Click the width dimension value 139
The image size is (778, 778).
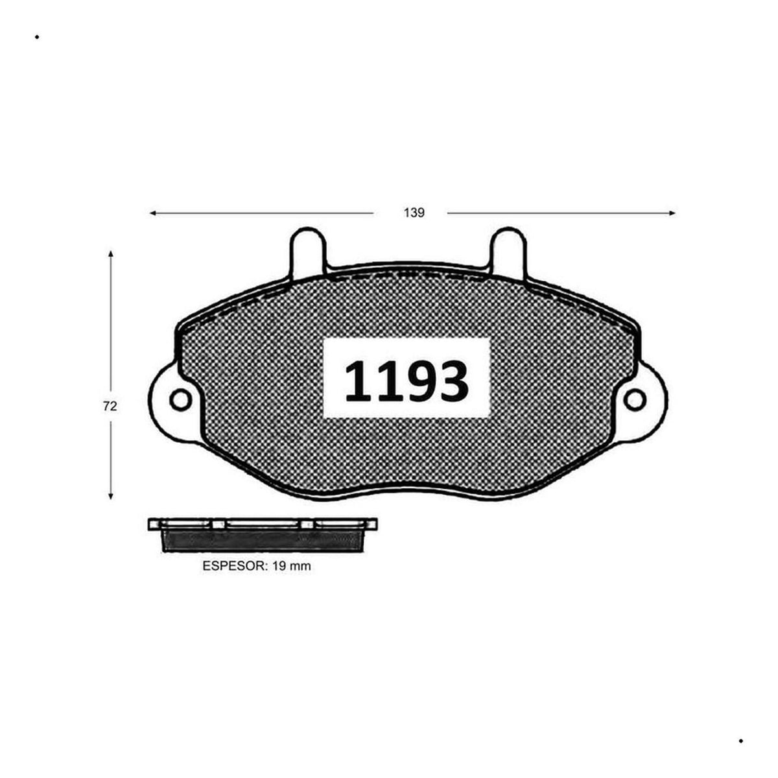coord(414,213)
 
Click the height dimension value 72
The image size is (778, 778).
coord(110,406)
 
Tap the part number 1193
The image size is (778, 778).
coord(406,381)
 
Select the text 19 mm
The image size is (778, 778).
coord(292,566)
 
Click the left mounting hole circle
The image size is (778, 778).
coord(180,400)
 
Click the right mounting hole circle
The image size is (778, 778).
coord(634,400)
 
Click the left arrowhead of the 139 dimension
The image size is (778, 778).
coord(153,213)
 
